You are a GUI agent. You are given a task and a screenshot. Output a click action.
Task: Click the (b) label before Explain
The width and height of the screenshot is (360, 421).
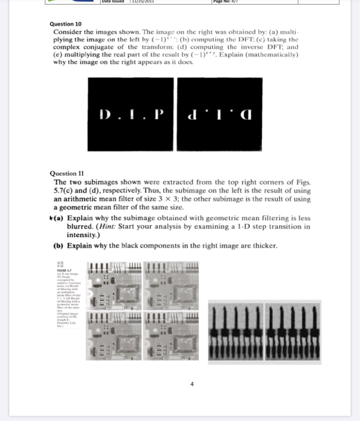(58, 246)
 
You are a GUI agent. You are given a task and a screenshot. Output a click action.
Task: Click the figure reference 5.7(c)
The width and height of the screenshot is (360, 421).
(66, 189)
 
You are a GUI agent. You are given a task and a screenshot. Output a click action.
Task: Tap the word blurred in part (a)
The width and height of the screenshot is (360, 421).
(82, 227)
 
